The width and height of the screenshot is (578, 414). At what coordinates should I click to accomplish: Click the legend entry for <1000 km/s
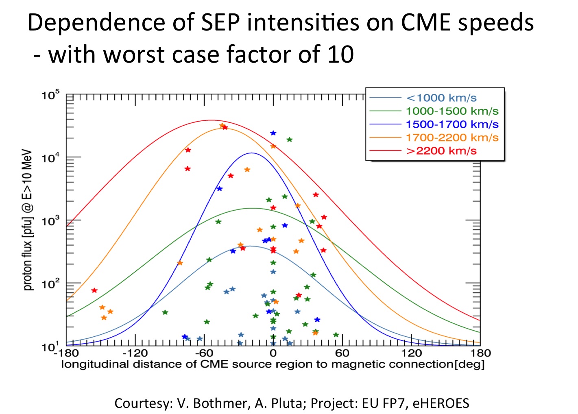(441, 98)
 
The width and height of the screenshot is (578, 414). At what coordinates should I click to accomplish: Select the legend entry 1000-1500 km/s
(451, 111)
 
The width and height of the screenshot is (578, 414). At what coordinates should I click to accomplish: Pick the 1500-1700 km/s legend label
(451, 124)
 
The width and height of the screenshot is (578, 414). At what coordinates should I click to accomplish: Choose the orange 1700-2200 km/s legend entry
(451, 137)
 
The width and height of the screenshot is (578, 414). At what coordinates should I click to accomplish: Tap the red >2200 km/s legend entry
(441, 151)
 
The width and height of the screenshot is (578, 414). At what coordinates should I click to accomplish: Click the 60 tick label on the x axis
(342, 353)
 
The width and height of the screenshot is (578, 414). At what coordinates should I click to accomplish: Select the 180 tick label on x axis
(480, 353)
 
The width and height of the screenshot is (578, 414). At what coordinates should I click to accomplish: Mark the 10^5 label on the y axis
(50, 96)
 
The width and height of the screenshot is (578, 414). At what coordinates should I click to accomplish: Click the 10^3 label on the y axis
(50, 221)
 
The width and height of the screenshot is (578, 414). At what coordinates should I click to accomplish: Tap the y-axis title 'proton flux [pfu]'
(28, 220)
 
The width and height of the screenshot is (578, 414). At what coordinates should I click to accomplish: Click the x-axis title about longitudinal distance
(273, 364)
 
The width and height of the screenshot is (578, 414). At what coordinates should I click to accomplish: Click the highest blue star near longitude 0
(273, 133)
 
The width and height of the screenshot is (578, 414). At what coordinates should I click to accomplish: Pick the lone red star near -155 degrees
(94, 290)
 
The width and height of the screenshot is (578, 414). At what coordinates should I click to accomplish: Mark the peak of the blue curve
(252, 153)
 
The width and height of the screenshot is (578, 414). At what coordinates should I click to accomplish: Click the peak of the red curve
(211, 120)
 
